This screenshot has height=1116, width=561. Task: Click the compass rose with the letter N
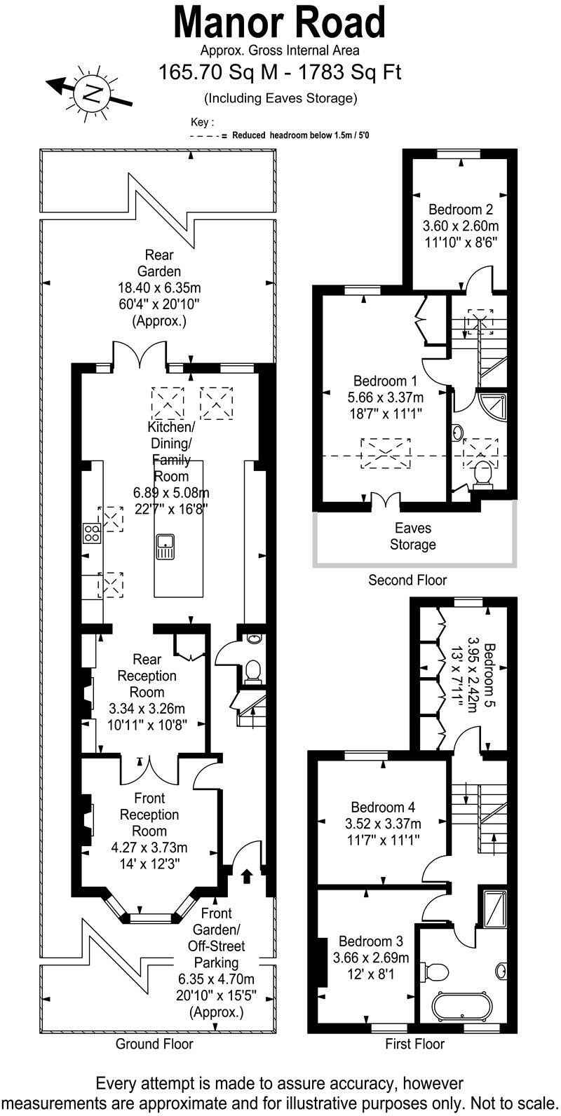tap(89, 92)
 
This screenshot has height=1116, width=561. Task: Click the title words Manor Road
tap(280, 22)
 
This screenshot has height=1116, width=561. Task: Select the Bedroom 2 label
tap(461, 209)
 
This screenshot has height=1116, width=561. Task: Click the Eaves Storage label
tap(412, 536)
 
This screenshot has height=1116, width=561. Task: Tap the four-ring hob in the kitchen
tap(91, 533)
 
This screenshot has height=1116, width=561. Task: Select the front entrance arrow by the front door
tap(246, 875)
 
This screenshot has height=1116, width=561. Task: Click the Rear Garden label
tap(159, 263)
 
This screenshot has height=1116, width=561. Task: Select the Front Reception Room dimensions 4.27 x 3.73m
tap(149, 847)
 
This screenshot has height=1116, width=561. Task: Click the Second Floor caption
tap(407, 580)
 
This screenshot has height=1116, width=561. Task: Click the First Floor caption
tap(414, 1044)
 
